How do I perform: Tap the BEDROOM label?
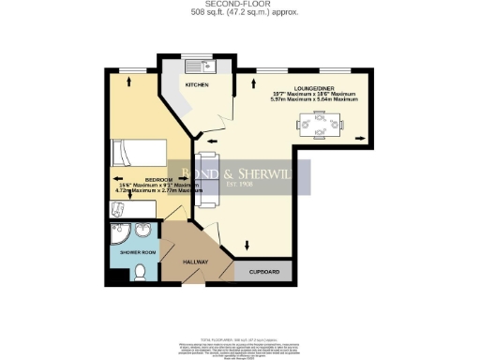(132, 178)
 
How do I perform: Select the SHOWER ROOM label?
(125, 252)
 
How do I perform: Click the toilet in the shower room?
(139, 273)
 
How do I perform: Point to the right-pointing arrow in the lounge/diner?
(361, 139)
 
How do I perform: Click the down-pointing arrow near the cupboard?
(247, 246)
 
